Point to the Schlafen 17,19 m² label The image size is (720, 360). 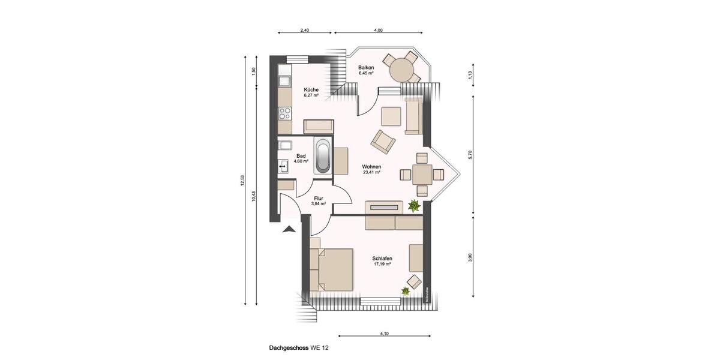point(382,260)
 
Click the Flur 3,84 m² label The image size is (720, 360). point(319,200)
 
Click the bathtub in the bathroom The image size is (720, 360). point(323,157)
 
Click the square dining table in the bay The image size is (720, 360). point(422,175)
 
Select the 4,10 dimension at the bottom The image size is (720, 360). point(383,333)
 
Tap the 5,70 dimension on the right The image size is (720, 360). point(471,154)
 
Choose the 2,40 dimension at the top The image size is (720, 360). point(304,29)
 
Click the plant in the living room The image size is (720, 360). point(413,206)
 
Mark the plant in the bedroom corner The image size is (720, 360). point(406,292)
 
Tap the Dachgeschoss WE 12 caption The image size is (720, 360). point(299,347)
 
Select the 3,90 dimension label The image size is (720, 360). point(471,257)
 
